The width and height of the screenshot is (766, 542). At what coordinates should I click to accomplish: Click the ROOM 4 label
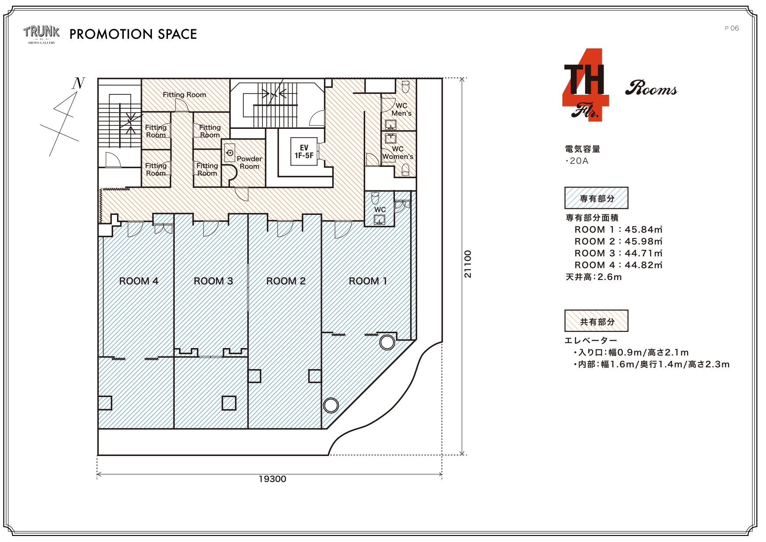[139, 281]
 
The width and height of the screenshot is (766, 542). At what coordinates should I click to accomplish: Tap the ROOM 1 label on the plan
[368, 281]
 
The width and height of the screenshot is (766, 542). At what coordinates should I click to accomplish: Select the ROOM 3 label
[213, 281]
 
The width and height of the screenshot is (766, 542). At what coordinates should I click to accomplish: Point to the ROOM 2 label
[286, 281]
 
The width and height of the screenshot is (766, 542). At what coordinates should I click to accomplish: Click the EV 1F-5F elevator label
[304, 152]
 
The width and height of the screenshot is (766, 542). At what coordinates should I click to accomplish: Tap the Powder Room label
[249, 162]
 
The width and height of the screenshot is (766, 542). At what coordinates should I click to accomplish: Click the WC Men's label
[401, 109]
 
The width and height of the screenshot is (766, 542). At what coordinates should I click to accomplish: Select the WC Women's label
[397, 152]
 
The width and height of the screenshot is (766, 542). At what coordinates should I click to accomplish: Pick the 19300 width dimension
[273, 479]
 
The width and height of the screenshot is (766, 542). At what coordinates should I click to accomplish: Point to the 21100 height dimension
[468, 264]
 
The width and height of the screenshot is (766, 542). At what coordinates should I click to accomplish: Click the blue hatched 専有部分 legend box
[597, 198]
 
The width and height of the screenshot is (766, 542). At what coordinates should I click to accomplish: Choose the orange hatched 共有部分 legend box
[597, 321]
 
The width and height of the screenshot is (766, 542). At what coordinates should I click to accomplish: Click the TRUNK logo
[41, 35]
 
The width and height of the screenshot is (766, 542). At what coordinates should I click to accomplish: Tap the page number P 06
[731, 28]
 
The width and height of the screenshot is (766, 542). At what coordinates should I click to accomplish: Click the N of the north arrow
[79, 83]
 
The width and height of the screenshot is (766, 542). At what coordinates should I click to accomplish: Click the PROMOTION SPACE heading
[133, 34]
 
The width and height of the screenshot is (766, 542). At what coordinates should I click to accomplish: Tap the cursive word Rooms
[651, 88]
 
